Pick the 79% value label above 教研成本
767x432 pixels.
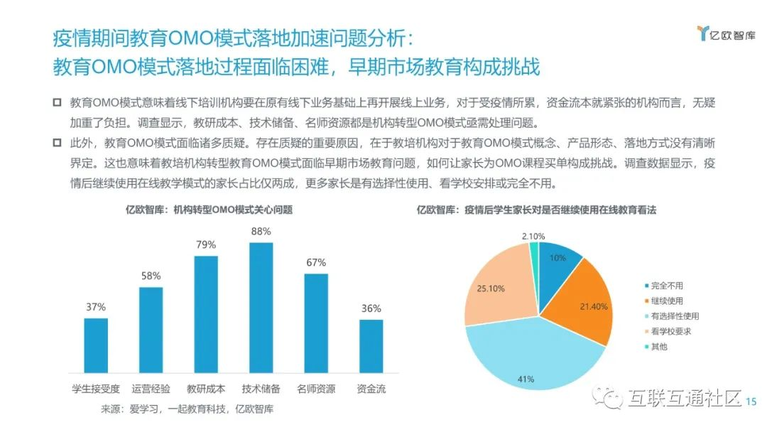[206, 244]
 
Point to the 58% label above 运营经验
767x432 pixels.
[151, 276]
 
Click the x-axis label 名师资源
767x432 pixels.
[316, 389]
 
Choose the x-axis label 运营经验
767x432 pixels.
[151, 389]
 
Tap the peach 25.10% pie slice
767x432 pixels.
[497, 291]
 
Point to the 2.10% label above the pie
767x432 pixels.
[533, 236]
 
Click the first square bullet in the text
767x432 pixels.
[58, 104]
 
